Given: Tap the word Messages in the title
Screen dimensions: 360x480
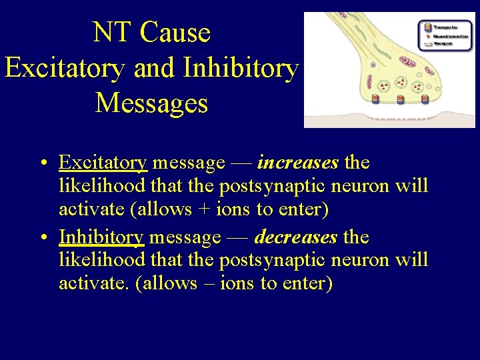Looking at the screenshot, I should tap(151, 103).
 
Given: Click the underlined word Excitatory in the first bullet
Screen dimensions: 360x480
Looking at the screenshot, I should tap(103, 163).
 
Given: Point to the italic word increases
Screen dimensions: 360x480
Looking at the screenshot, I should tap(298, 163).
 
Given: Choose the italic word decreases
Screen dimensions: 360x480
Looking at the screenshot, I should tap(296, 237).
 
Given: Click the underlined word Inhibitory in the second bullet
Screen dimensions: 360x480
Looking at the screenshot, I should tap(101, 237).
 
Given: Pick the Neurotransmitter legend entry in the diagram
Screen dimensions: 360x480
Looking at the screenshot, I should tap(445, 35).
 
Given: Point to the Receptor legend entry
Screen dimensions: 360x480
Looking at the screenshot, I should tap(441, 43).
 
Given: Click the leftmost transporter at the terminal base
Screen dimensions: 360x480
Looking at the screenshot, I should tap(375, 99).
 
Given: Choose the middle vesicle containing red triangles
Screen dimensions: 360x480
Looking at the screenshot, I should tap(401, 82).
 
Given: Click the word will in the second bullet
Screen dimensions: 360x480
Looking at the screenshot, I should tap(411, 260).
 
